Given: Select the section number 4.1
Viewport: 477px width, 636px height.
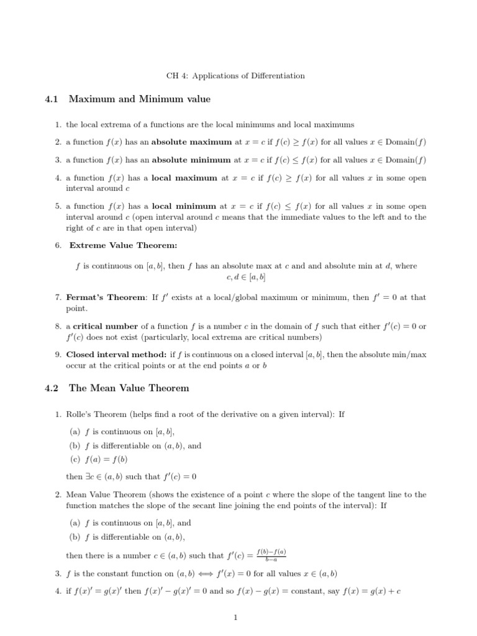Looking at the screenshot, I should pyautogui.click(x=51, y=99).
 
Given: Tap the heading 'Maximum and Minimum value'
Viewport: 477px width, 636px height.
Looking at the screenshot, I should pyautogui.click(x=139, y=99).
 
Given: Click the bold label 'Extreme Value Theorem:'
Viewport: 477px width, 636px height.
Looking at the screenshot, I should pyautogui.click(x=114, y=245).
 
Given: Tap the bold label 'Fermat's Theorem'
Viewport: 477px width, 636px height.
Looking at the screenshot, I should pyautogui.click(x=106, y=298).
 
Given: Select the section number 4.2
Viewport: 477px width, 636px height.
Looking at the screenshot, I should pyautogui.click(x=51, y=388).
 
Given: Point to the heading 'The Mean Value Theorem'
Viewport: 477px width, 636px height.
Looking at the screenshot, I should pyautogui.click(x=129, y=388).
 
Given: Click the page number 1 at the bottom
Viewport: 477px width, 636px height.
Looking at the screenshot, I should pyautogui.click(x=238, y=617).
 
